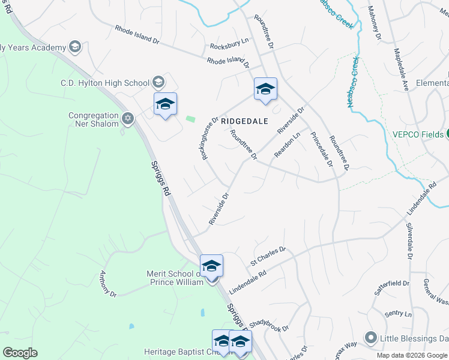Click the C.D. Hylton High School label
[x=105, y=83]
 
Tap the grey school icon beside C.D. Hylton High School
[x=158, y=82]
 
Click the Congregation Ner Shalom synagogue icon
[x=127, y=118]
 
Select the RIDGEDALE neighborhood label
[x=244, y=121]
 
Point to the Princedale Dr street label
[x=322, y=148]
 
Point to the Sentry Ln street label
[x=398, y=314]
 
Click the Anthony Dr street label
[x=107, y=283]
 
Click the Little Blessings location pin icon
[x=371, y=338]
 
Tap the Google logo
[x=20, y=353]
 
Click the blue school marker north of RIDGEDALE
[x=265, y=89]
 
